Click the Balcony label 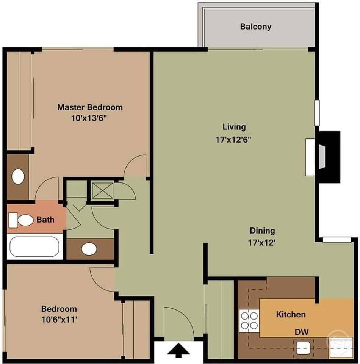[x=255, y=27]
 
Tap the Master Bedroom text [x=90, y=107]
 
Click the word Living [x=234, y=127]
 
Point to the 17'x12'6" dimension [x=233, y=139]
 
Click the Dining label [x=262, y=231]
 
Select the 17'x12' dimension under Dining [x=262, y=243]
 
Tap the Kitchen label [x=291, y=314]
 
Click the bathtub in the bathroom [x=34, y=246]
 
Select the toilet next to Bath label [x=21, y=220]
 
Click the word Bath [x=45, y=220]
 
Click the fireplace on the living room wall [x=322, y=156]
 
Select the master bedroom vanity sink [x=17, y=176]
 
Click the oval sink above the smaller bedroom [x=89, y=249]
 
